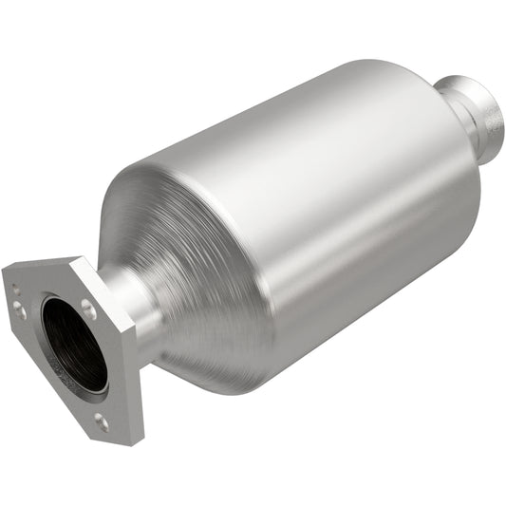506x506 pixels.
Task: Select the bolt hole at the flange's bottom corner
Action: (101, 417)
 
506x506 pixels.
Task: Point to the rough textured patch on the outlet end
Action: (492, 123)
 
